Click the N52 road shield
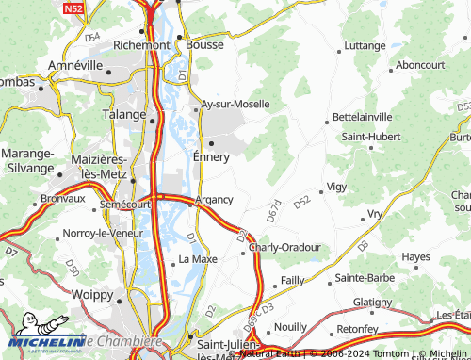point(74,8)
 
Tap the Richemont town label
point(140,44)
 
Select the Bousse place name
point(204,44)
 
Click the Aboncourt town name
point(420,64)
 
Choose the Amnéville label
point(80,66)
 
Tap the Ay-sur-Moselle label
point(235,104)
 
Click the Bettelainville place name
point(363,117)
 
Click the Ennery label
point(211,156)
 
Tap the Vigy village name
point(336,187)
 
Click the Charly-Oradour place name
point(286,247)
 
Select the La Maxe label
point(198,258)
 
